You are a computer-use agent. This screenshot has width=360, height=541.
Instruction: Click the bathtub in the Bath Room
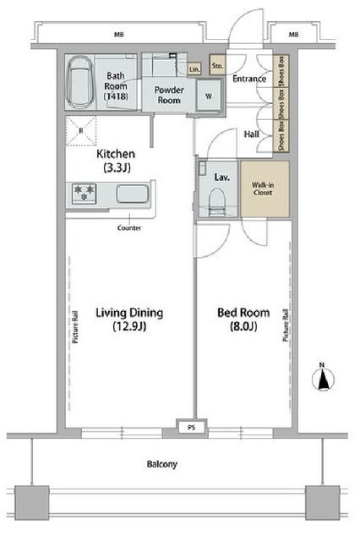click(80, 82)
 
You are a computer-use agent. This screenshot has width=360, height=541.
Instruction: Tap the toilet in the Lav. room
click(217, 203)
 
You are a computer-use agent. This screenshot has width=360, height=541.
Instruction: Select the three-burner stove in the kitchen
click(85, 193)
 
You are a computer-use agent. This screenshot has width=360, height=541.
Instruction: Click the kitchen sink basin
click(133, 194)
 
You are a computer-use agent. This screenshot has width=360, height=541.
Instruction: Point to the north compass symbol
click(323, 378)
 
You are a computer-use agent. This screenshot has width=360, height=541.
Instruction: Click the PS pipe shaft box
click(191, 427)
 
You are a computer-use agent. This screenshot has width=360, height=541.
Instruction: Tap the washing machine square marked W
click(209, 96)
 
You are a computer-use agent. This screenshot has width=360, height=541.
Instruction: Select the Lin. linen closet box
click(194, 69)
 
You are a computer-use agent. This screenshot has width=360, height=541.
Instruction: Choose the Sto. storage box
click(217, 65)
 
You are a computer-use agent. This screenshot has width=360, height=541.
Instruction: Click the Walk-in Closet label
click(263, 189)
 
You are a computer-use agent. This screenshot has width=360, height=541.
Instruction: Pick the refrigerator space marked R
click(81, 131)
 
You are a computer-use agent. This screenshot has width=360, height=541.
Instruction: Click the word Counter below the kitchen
click(129, 227)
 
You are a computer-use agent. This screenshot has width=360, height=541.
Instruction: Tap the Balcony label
click(162, 464)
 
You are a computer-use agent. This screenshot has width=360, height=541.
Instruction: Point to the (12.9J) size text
click(129, 326)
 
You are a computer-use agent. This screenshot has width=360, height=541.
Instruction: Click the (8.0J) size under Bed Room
click(243, 326)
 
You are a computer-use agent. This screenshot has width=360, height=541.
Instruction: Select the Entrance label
click(249, 79)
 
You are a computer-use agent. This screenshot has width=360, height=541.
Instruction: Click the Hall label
click(251, 134)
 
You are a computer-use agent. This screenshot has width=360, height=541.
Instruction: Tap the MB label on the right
click(293, 35)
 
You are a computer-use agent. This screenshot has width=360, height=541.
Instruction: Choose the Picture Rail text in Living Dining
click(75, 327)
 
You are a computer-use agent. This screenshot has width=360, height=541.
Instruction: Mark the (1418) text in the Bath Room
click(117, 96)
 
